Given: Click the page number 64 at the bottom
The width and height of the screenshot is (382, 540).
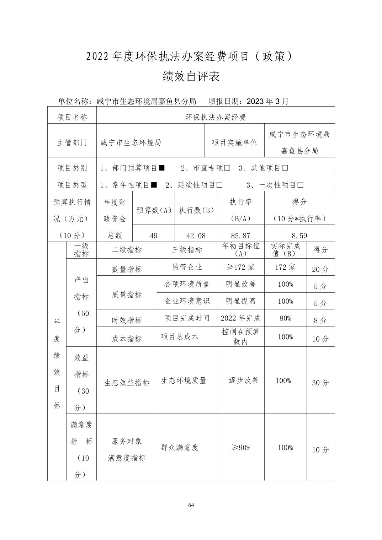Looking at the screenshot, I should pos(191,505).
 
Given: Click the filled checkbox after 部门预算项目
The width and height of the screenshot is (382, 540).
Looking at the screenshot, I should pos(162,168).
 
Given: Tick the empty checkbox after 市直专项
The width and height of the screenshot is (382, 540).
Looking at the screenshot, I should pos(227,168).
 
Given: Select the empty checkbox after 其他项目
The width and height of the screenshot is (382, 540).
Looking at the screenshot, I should pos(285,168).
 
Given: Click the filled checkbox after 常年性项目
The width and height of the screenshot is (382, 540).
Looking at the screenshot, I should pos(154,185).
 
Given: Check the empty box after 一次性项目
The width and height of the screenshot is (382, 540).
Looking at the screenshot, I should pos(301,185).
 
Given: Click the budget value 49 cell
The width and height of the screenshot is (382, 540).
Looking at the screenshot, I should pos(153,236).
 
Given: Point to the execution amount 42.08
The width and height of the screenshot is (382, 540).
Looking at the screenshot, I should pos(196,236).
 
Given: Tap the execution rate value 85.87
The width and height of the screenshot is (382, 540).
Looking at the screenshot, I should pos(240,236).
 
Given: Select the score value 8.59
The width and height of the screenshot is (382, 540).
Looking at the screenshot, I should pos(299,236).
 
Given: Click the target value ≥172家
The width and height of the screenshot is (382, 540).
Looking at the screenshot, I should pos(240,267).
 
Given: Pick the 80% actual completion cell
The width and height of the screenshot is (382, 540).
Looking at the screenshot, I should pos(285,318).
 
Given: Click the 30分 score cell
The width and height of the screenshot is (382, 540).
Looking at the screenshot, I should pos(320,383).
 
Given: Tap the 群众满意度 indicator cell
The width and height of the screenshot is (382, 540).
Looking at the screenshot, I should pos(180,447).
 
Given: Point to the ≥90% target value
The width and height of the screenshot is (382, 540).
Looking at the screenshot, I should pos(240,448).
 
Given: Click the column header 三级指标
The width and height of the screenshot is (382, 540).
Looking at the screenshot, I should pos(187,250).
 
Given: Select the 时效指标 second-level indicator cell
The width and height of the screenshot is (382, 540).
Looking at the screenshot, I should pos(127,320).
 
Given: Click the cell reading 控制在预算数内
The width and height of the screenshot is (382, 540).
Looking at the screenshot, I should pos(240,336).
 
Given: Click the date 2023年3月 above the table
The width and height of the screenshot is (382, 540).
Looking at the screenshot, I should pos(267,101).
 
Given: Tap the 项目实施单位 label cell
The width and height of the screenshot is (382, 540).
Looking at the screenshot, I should pos(234,142).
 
